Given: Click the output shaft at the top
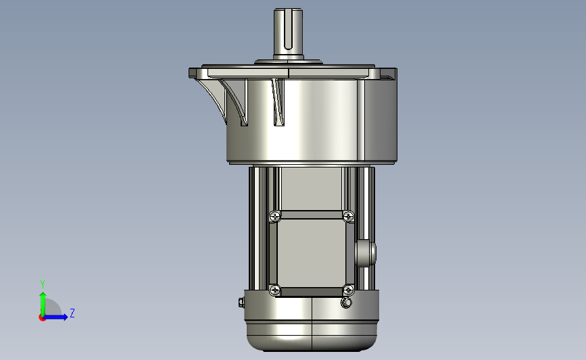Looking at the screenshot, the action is pos(288,33).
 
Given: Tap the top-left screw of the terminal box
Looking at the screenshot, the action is pos(275,216).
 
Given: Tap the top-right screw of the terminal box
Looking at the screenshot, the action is pos(348,216).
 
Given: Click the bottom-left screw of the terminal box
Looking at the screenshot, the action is pos(275,290).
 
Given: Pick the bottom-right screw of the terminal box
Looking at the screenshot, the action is pos(348,290).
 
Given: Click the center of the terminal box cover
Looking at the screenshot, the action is pos(312,253).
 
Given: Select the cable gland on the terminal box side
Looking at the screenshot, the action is pos(365,253).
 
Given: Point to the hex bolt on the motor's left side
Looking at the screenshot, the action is pos(241,302).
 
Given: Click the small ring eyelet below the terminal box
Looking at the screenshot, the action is pos(347,302).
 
